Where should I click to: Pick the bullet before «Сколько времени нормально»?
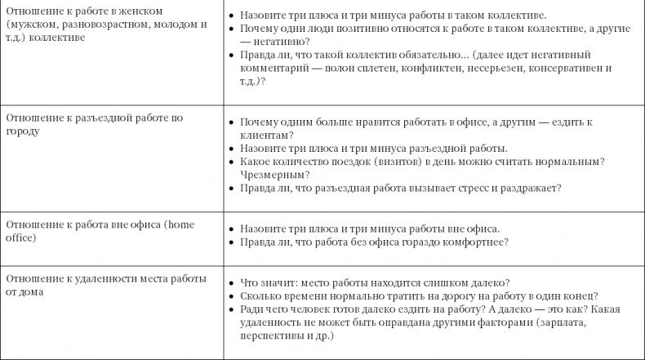tap(232, 296)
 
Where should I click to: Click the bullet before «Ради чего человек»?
tap(232, 309)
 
